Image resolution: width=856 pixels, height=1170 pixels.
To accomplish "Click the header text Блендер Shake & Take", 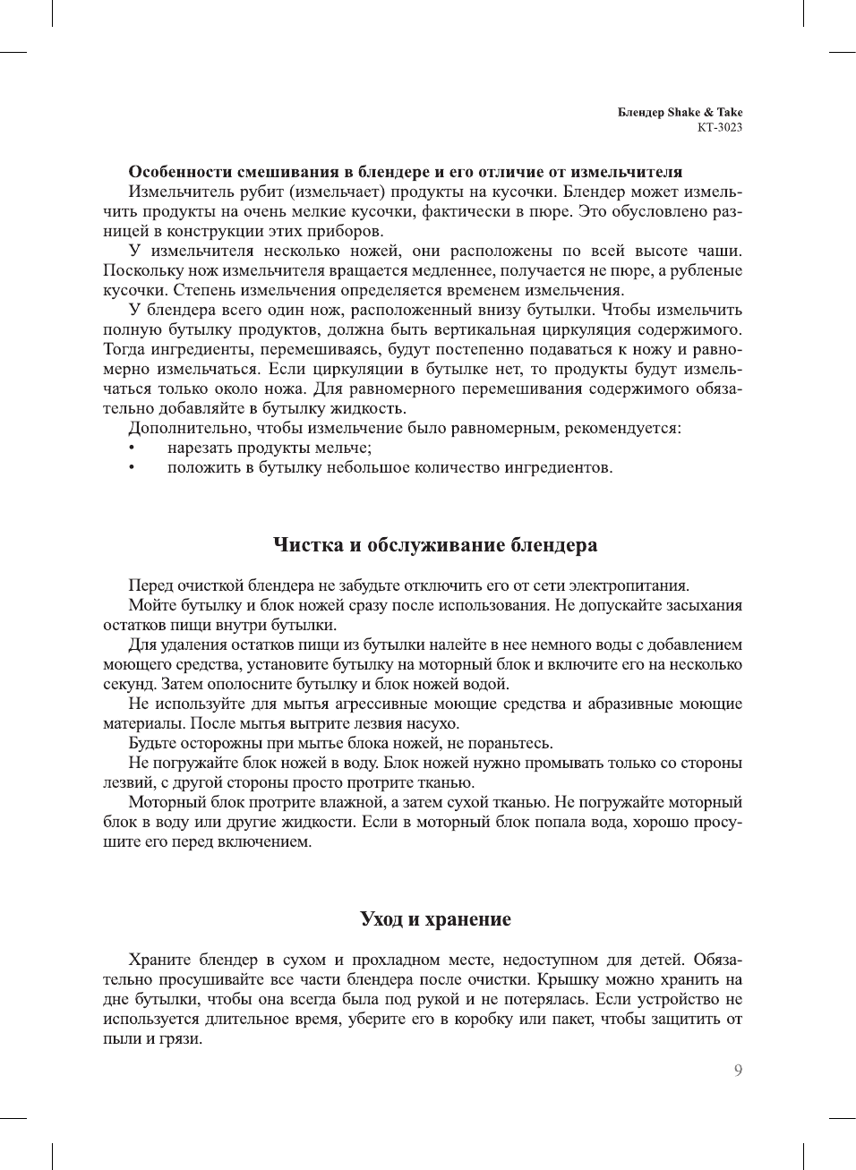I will [x=680, y=112].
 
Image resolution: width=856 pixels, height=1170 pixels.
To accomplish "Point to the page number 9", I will [x=738, y=1071].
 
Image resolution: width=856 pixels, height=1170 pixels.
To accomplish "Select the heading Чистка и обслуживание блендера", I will [x=434, y=545].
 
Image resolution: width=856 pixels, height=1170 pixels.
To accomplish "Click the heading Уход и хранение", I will [x=435, y=919].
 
